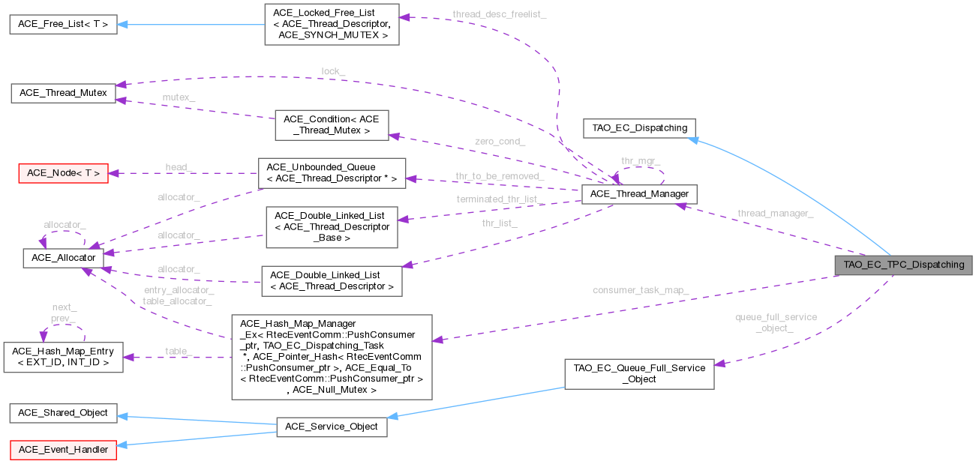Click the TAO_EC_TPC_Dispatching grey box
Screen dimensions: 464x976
click(x=903, y=265)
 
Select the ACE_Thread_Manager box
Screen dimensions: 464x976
click(x=640, y=194)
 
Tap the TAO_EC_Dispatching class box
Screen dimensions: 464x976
click(x=639, y=127)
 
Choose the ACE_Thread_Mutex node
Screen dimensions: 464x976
click(x=63, y=94)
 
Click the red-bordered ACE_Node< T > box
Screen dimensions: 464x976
click(x=63, y=173)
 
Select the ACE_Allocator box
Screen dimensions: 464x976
click(x=63, y=257)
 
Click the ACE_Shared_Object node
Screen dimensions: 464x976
click(x=63, y=412)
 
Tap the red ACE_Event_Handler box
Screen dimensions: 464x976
click(x=63, y=450)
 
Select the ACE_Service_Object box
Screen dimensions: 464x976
click(x=332, y=427)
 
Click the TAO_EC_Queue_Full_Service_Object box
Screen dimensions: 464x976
click(x=638, y=373)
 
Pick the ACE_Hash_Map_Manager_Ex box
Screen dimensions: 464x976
click(x=332, y=356)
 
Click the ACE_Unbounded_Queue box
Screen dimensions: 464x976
click(x=331, y=172)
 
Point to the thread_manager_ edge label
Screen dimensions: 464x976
click(x=775, y=214)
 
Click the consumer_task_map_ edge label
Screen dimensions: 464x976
click(x=640, y=290)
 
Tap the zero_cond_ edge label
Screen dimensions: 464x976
click(x=500, y=141)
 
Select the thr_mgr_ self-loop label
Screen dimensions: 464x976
click(x=640, y=161)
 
